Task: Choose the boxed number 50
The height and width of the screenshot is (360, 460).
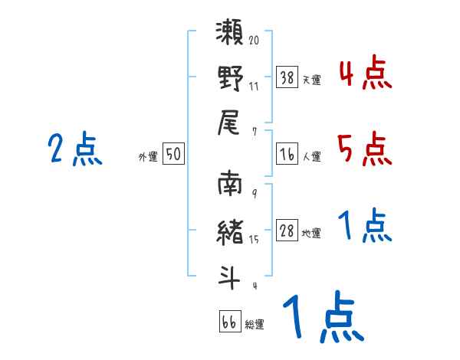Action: click(x=173, y=155)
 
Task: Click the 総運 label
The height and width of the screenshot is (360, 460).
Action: click(x=255, y=324)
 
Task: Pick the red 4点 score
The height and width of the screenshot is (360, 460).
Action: click(x=364, y=75)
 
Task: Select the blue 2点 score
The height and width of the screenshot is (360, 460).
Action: click(x=74, y=149)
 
